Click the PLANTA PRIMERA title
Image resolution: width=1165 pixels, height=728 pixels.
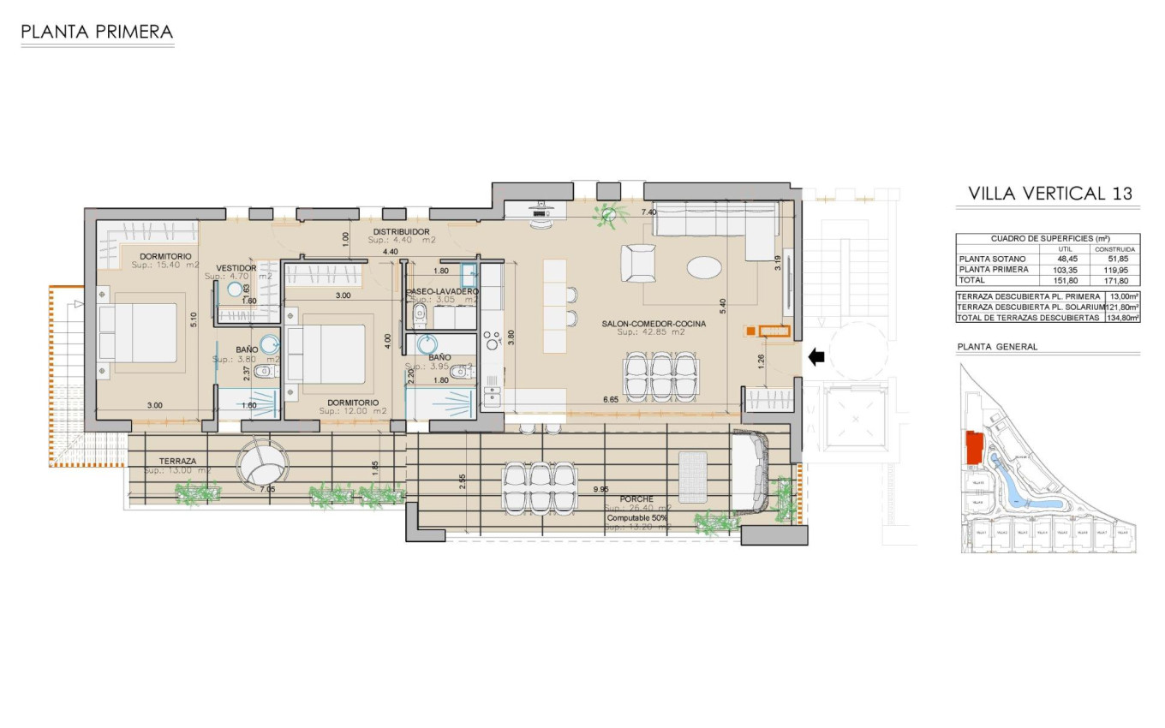(x=97, y=33)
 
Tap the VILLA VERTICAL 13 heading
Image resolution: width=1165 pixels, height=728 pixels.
(x=1049, y=194)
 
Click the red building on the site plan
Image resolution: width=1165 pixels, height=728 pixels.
(x=974, y=449)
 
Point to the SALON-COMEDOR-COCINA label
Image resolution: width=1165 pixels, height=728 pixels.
(x=654, y=324)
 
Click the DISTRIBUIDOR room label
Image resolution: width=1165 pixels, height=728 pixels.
(x=400, y=231)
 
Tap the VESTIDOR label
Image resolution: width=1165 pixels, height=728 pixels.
(x=236, y=268)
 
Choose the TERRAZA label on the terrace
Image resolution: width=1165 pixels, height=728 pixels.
(x=177, y=461)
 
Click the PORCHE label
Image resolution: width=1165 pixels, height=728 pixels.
(x=636, y=498)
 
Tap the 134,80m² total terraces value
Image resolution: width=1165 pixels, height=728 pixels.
(x=1122, y=317)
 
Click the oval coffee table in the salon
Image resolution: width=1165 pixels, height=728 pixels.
(x=704, y=268)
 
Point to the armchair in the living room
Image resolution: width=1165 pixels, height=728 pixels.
(x=639, y=263)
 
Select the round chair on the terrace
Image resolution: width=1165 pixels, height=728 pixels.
(x=261, y=462)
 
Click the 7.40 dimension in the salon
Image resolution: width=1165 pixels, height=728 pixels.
(x=649, y=212)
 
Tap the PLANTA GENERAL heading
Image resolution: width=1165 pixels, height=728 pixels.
(x=997, y=347)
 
